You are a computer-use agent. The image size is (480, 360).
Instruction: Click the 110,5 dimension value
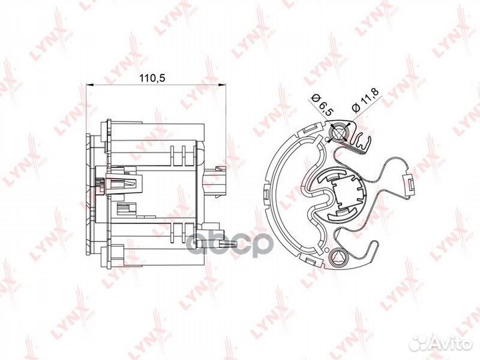click(153, 78)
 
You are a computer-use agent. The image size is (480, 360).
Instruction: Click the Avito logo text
click(455, 345)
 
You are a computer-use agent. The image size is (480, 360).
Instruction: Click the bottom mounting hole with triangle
click(338, 256)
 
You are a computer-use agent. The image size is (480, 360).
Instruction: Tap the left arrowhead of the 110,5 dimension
click(89, 85)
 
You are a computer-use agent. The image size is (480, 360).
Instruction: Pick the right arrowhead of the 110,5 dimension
click(223, 85)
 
